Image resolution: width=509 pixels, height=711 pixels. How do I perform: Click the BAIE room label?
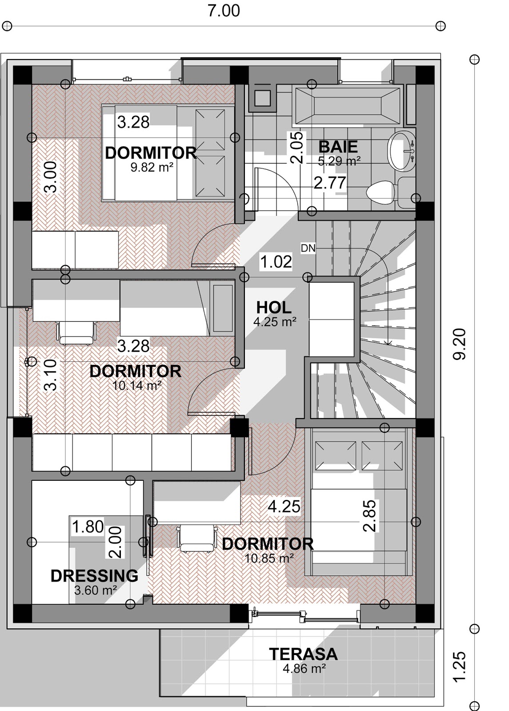tap(338, 147)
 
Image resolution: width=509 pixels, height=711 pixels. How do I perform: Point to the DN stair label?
tap(308, 248)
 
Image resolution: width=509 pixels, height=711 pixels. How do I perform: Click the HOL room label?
tap(274, 308)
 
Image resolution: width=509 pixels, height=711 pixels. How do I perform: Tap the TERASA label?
tap(303, 654)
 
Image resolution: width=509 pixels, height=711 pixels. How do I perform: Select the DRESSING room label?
tap(94, 576)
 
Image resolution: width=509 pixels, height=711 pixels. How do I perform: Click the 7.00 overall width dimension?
tap(224, 10)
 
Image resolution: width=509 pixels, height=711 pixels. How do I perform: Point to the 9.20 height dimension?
tap(460, 344)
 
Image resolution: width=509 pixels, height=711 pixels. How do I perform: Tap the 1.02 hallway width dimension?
tap(276, 262)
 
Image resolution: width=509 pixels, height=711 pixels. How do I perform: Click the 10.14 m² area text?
tap(137, 386)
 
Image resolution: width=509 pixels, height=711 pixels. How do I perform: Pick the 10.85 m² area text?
tap(269, 559)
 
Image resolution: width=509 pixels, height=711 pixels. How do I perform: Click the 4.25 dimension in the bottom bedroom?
tap(284, 506)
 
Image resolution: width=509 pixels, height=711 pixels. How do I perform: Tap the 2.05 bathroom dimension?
tap(297, 148)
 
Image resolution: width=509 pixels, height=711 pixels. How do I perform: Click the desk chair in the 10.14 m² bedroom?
tap(76, 332)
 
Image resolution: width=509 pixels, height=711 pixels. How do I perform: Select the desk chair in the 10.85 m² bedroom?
tap(197, 538)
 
